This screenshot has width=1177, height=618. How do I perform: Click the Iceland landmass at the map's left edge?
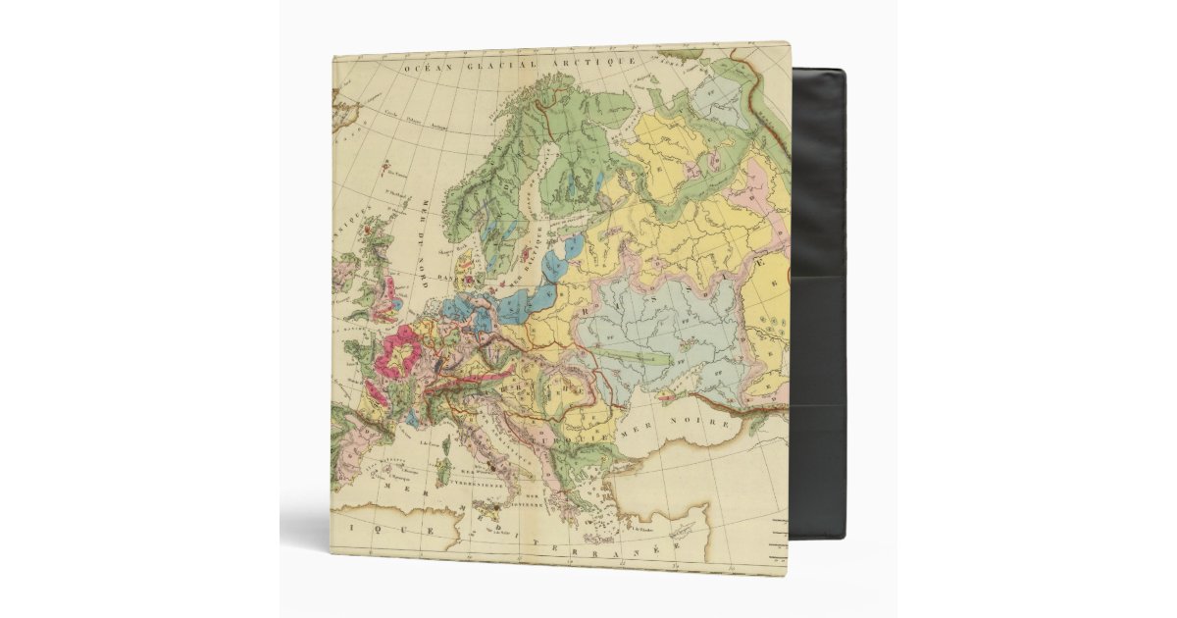coord(342,111)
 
